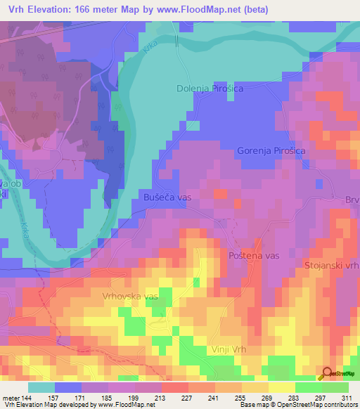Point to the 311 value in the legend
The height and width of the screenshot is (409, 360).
point(345,397)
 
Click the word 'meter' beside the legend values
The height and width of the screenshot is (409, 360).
point(10,397)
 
